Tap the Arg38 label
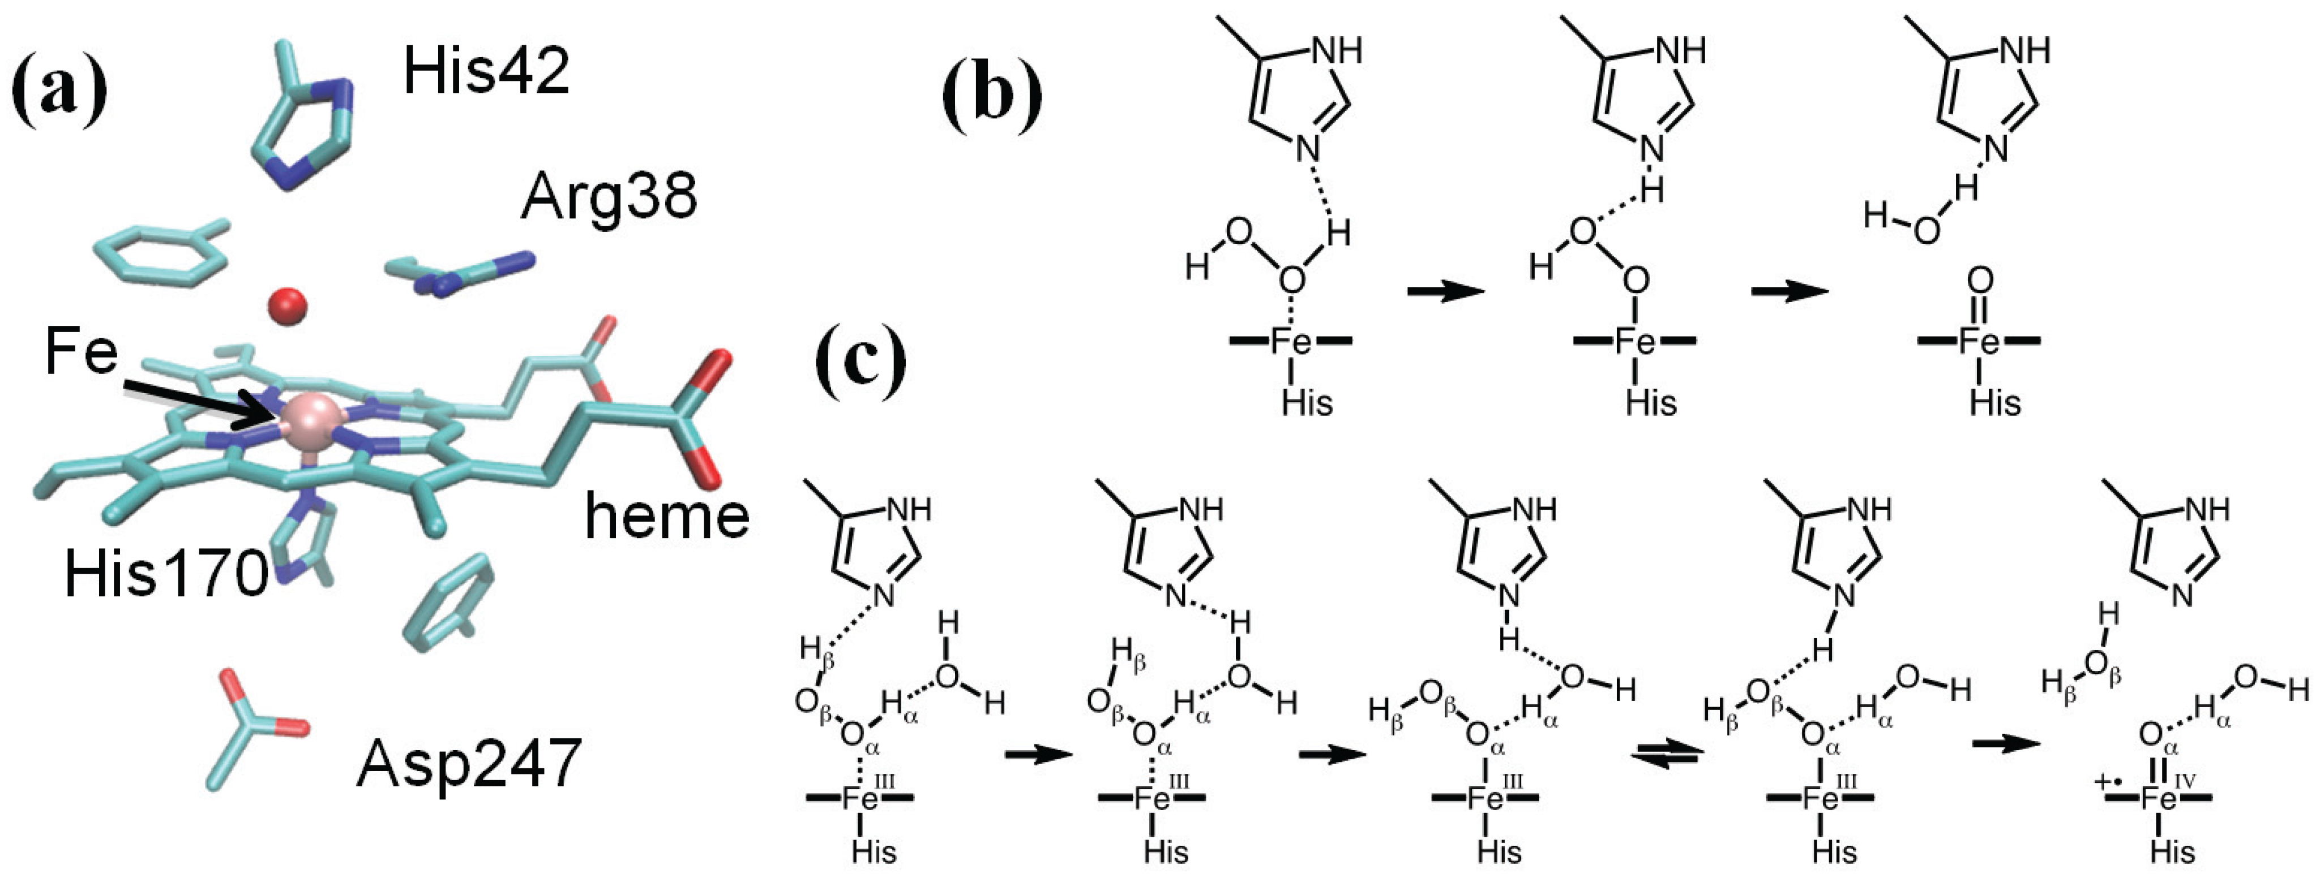tap(609, 196)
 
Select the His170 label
tap(166, 573)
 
